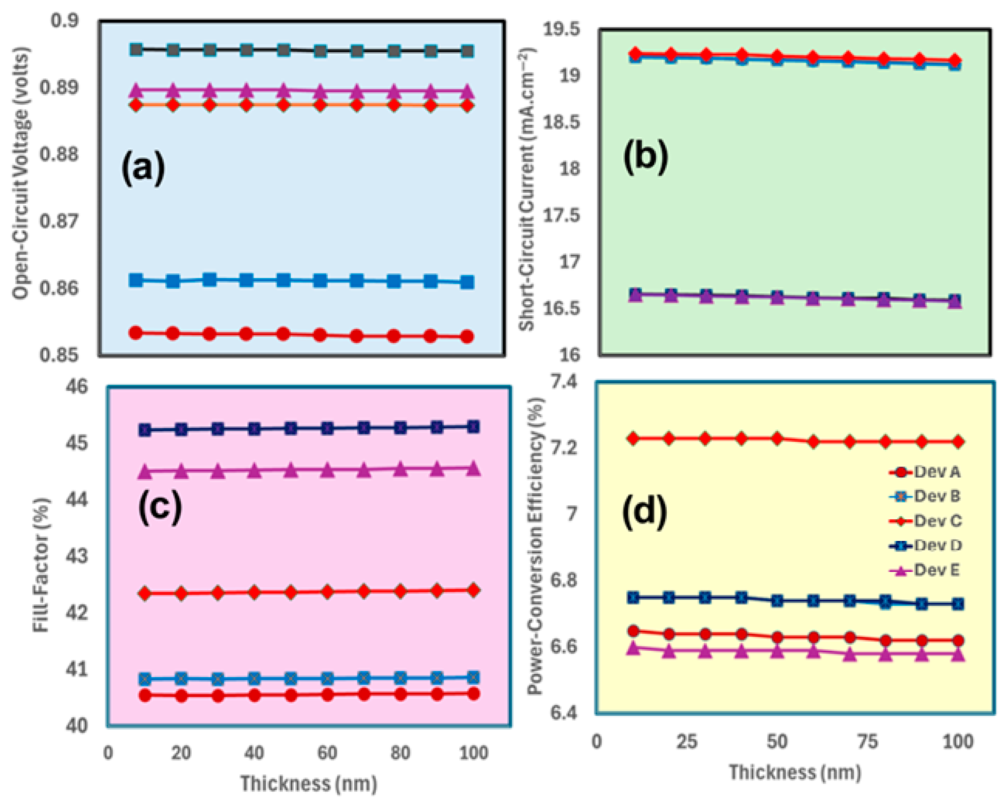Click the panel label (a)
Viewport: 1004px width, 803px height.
(143, 168)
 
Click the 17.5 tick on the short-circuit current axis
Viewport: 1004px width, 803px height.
(562, 215)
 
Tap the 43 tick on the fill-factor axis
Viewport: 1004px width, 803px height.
(76, 556)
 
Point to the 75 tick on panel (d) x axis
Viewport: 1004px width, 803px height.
(867, 741)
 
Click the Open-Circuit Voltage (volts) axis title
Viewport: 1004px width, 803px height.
(21, 173)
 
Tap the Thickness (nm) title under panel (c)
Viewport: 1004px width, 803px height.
(308, 783)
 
